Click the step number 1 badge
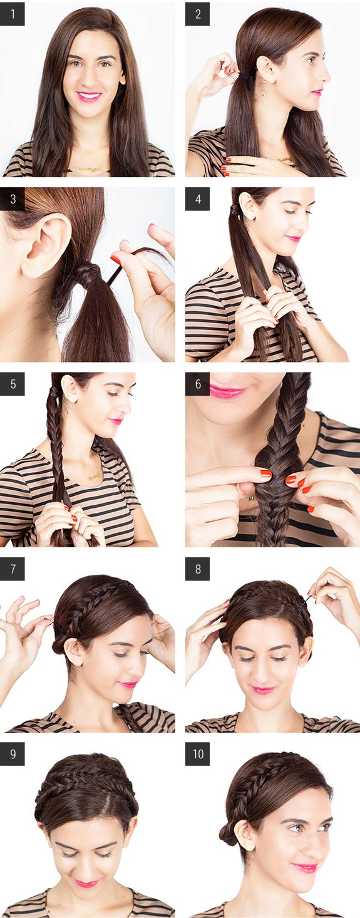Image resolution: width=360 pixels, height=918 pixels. click(13, 14)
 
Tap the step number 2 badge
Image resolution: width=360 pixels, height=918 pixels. click(197, 14)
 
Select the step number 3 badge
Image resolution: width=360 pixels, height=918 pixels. click(13, 199)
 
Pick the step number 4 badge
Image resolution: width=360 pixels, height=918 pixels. click(197, 199)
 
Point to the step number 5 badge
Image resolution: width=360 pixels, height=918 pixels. click(13, 384)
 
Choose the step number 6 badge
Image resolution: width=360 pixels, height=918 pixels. click(197, 384)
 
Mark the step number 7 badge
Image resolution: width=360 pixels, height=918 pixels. click(13, 569)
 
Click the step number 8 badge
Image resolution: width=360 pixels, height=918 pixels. click(197, 569)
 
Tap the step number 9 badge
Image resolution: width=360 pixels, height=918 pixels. click(13, 754)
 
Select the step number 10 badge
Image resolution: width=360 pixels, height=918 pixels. click(197, 754)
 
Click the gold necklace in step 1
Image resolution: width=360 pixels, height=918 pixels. click(88, 168)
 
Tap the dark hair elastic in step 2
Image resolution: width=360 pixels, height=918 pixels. click(245, 76)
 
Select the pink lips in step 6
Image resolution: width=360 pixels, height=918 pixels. click(227, 391)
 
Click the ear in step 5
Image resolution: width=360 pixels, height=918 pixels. click(70, 389)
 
